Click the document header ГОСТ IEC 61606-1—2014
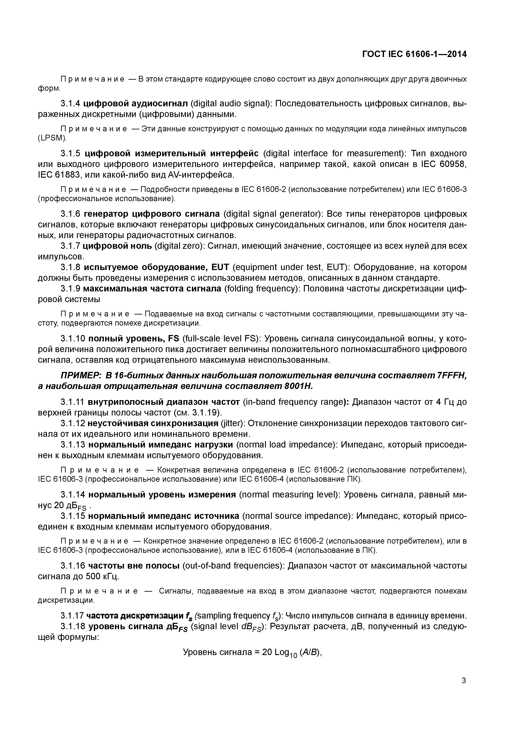tap(414, 54)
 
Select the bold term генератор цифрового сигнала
tap(152, 214)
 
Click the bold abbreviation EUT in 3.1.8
tap(220, 267)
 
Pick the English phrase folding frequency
tap(262, 289)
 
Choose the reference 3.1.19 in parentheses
tap(205, 413)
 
